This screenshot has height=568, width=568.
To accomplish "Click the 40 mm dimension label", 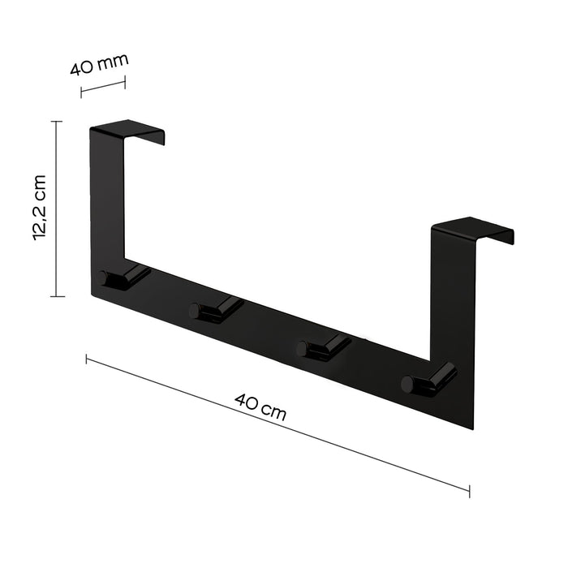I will point(99,63).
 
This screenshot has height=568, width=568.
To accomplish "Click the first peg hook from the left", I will point(122,276).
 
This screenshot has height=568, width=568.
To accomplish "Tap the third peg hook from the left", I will point(321,346).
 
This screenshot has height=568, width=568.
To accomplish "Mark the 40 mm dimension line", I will point(103,85).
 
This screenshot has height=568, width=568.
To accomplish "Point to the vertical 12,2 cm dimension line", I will point(57,209).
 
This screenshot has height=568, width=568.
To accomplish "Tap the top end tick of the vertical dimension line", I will point(57,122).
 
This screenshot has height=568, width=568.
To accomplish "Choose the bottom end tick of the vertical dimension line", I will point(57,296).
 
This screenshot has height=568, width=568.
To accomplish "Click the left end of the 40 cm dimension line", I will point(87,359).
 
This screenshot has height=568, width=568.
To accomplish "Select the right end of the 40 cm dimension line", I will point(469,489).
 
